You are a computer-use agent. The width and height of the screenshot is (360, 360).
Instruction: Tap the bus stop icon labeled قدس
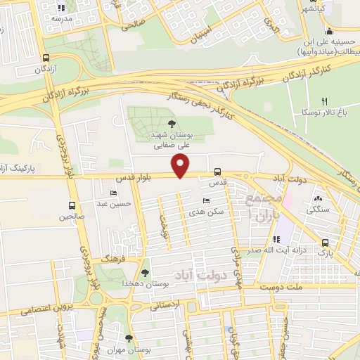(217, 171)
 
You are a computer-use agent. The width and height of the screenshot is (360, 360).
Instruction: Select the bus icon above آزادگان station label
(46, 59)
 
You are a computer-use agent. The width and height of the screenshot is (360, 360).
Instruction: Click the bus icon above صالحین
(72, 205)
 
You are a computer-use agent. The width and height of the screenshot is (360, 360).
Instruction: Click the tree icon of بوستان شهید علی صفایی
(172, 124)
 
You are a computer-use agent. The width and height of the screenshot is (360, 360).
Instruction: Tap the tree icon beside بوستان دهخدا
(145, 273)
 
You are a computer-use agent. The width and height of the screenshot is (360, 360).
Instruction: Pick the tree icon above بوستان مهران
(129, 338)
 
